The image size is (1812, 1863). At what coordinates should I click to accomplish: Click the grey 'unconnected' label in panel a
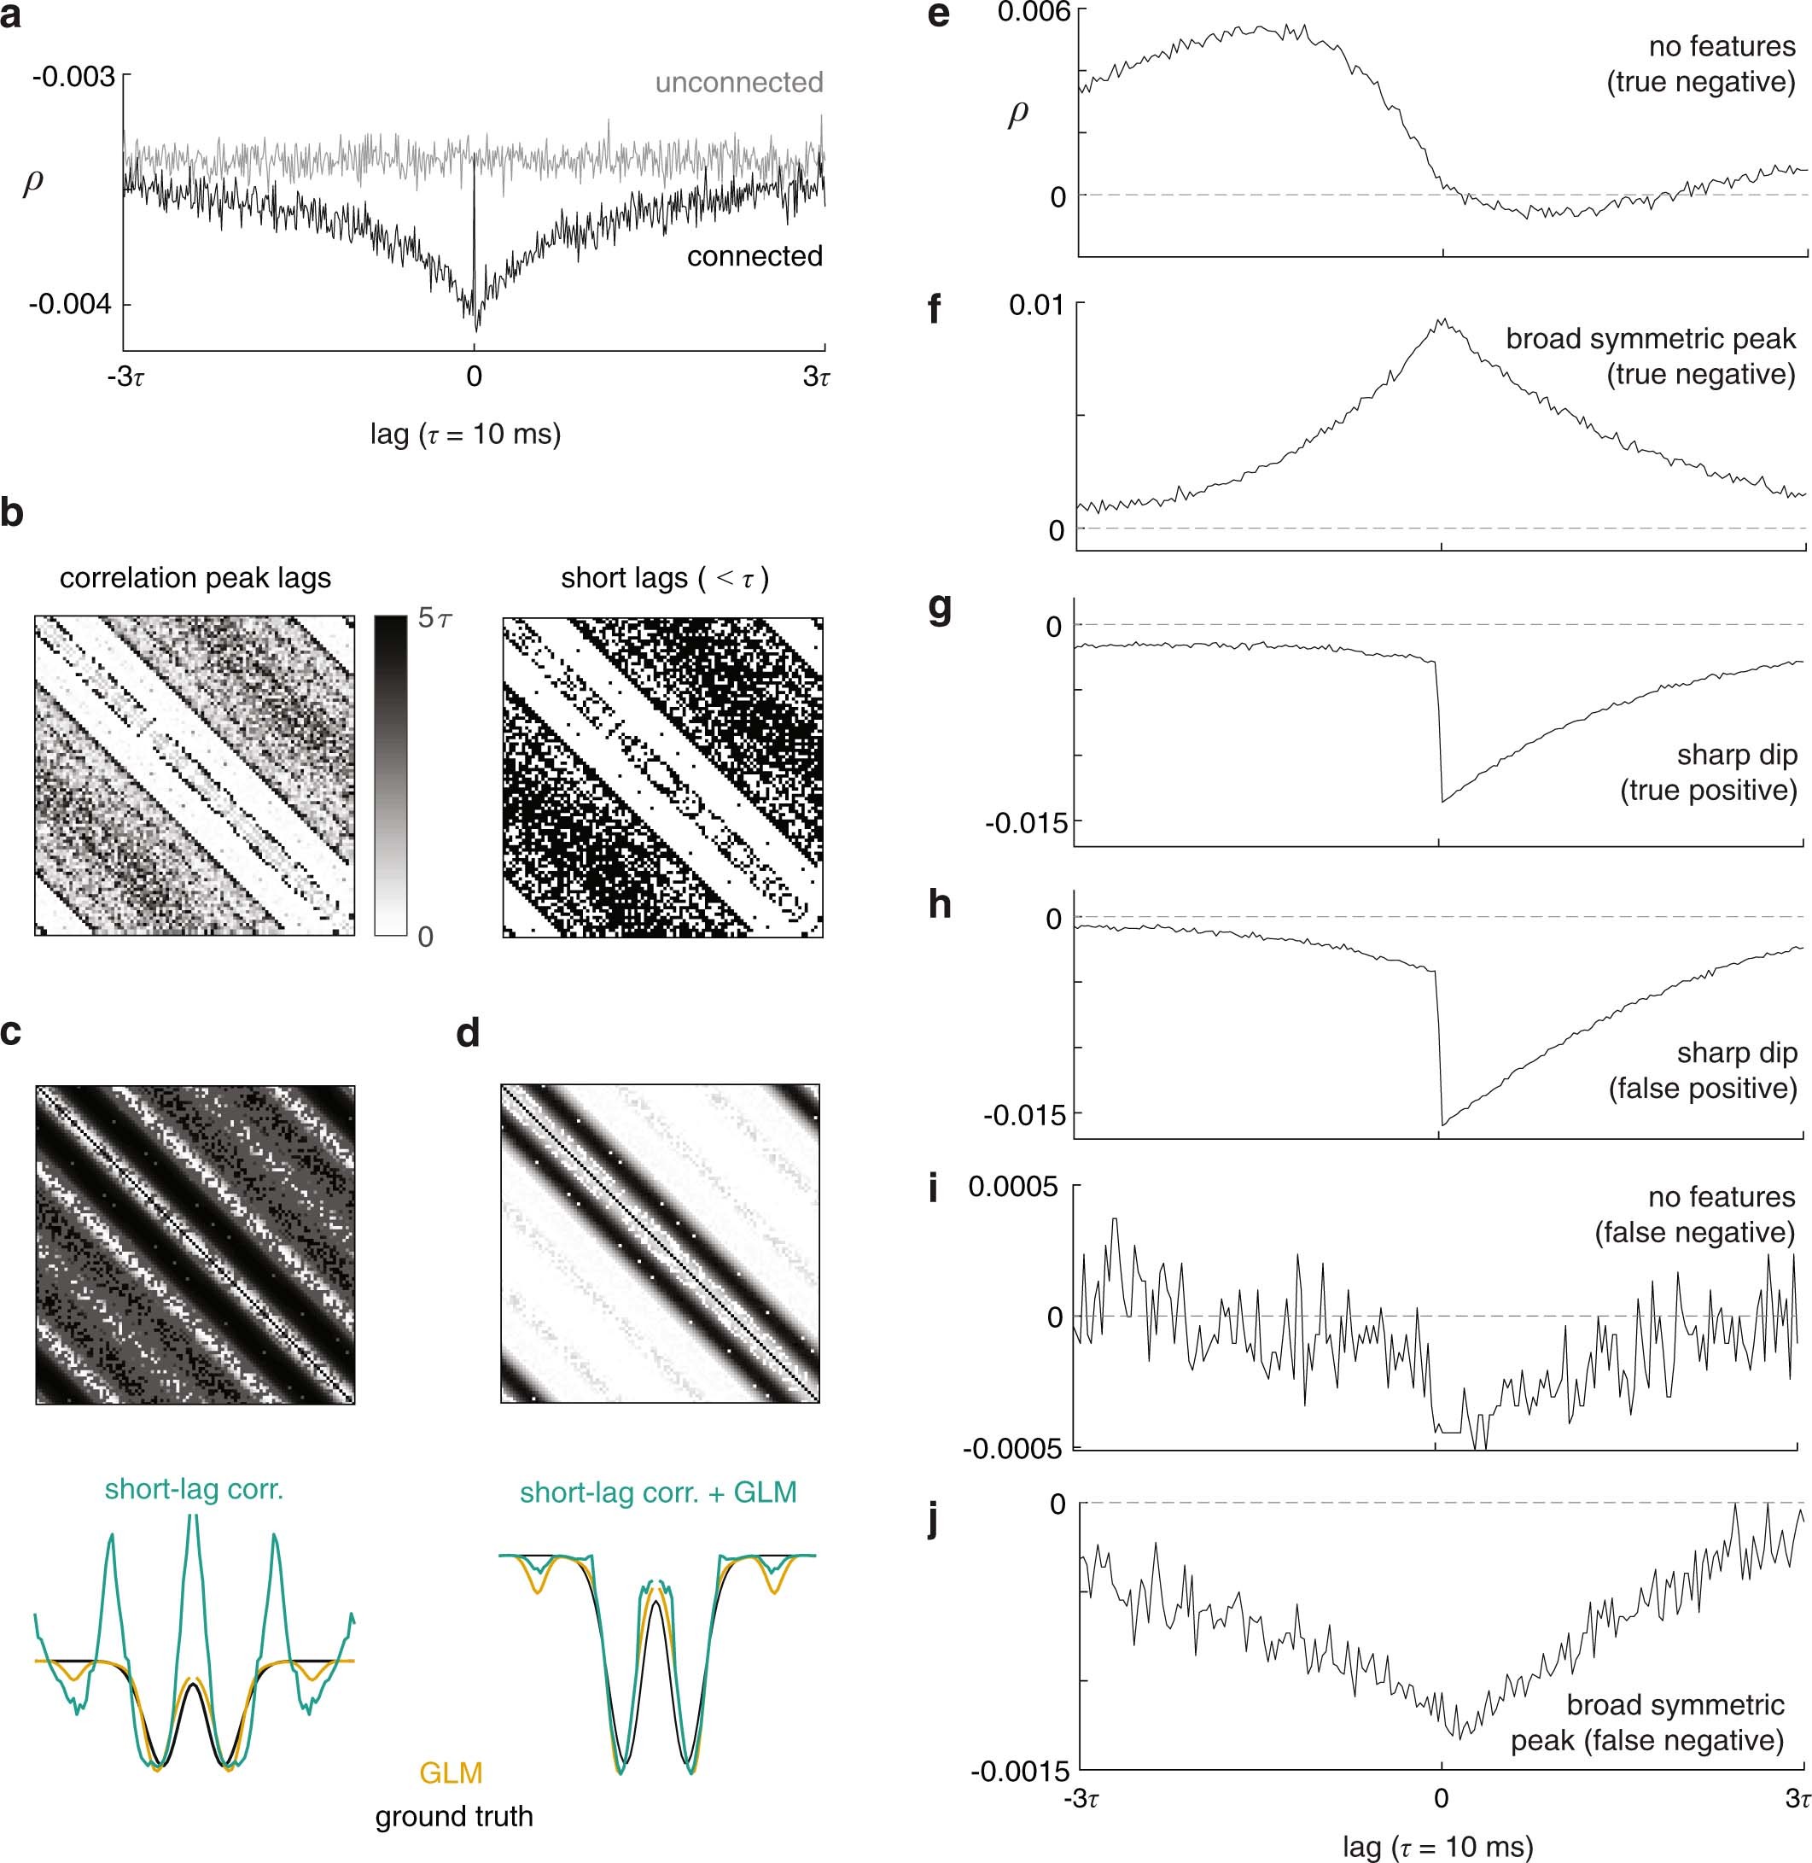738,83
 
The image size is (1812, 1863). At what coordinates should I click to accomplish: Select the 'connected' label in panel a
755,256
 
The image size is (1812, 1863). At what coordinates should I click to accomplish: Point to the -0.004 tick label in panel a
71,305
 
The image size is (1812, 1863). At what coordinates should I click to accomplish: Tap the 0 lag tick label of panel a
474,377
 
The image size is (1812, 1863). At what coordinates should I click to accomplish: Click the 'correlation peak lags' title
195,578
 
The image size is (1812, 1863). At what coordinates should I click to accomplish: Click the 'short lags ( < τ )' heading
664,578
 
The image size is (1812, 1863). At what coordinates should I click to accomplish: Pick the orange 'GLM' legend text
452,1772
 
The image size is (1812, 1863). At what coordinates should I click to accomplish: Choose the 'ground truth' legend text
454,1816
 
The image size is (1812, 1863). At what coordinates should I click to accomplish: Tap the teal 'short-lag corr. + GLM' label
657,1492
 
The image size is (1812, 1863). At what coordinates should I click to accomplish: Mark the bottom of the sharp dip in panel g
1442,802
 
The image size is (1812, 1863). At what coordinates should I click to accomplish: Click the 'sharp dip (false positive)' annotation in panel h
1703,1070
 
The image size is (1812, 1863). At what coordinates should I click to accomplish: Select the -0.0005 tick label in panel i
1011,1449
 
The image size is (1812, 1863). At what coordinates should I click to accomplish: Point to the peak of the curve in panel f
1442,322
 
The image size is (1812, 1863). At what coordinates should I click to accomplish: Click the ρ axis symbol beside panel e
1017,114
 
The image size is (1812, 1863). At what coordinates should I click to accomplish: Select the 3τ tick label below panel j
1797,1798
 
